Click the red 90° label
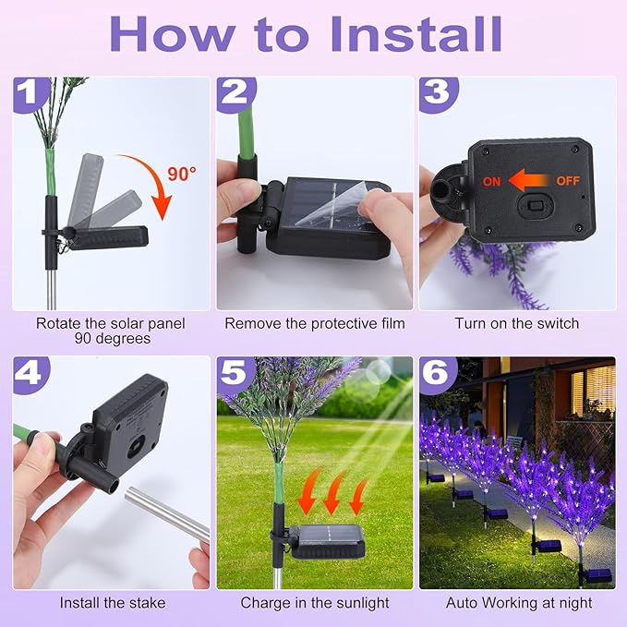[x=182, y=174]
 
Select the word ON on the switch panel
[x=491, y=182]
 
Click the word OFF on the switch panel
[x=566, y=182]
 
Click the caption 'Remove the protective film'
[x=315, y=323]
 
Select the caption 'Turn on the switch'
[x=517, y=323]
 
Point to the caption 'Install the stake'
[x=113, y=603]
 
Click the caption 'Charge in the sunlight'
[x=315, y=603]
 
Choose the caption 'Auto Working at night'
[x=519, y=603]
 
